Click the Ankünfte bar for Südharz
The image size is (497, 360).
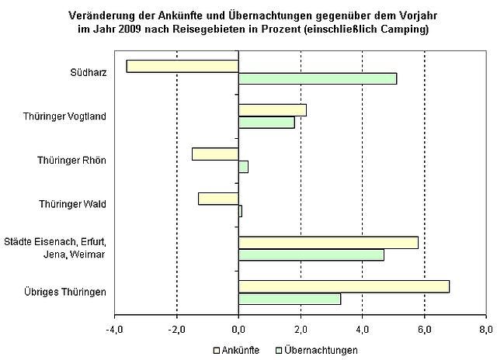click(182, 66)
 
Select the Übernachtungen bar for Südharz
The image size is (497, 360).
click(317, 78)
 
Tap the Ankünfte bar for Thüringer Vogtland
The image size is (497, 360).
click(272, 110)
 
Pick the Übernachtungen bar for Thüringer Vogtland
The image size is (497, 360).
click(266, 123)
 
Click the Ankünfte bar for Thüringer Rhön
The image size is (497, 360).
click(215, 154)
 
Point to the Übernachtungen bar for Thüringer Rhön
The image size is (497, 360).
click(243, 167)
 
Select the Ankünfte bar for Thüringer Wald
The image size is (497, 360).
click(218, 198)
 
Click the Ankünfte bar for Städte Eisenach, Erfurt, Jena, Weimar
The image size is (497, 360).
click(328, 242)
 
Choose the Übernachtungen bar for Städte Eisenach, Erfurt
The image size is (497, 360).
click(311, 255)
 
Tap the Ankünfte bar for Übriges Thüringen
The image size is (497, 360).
click(343, 286)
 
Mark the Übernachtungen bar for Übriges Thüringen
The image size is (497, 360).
click(289, 299)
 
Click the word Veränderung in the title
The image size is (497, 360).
click(102, 15)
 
